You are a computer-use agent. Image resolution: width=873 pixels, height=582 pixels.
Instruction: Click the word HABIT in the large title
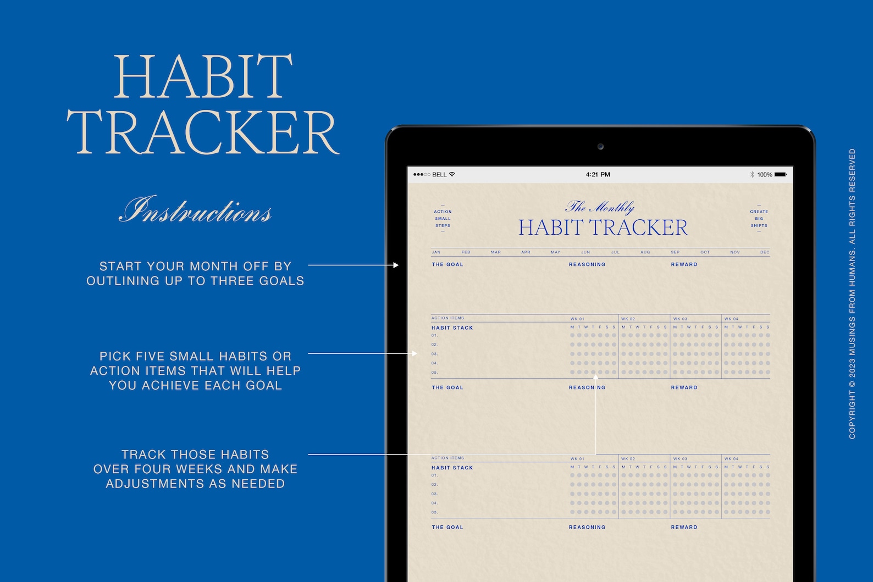tap(203, 76)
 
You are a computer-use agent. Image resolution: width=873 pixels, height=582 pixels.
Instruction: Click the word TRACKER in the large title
tap(203, 132)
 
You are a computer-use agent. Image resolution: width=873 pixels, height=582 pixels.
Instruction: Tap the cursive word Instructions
tap(196, 210)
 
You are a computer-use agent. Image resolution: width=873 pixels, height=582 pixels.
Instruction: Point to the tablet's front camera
tap(600, 147)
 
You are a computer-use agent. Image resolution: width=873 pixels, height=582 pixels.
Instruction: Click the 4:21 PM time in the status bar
tap(598, 175)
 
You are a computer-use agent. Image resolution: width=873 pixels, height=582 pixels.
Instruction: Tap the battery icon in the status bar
tap(781, 175)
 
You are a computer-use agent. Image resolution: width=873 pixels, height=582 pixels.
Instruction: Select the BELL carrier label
tap(439, 175)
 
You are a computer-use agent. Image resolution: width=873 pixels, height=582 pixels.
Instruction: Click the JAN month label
tap(436, 252)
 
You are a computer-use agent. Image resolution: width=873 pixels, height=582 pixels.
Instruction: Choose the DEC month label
tap(765, 252)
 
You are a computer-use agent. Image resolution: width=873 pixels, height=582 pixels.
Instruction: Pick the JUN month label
tap(585, 252)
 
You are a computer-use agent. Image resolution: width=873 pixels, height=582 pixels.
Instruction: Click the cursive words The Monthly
tap(600, 207)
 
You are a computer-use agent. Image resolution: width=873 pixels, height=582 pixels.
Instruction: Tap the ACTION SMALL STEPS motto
tap(443, 219)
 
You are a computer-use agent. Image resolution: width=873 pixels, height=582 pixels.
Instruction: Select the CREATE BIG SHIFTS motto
tap(759, 219)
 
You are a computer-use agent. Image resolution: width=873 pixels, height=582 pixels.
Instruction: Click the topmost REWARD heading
tap(684, 264)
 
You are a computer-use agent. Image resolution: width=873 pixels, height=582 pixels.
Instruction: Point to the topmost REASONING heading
tap(587, 264)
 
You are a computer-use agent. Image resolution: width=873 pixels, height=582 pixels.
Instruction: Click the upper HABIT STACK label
tap(452, 328)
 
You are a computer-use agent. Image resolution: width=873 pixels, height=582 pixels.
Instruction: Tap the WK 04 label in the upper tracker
tap(731, 319)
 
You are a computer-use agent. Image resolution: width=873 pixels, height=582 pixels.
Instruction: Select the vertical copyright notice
tap(852, 293)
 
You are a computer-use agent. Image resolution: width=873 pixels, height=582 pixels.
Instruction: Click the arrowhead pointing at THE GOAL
tap(396, 265)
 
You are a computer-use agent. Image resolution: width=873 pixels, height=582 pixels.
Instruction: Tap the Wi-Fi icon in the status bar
tap(452, 174)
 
